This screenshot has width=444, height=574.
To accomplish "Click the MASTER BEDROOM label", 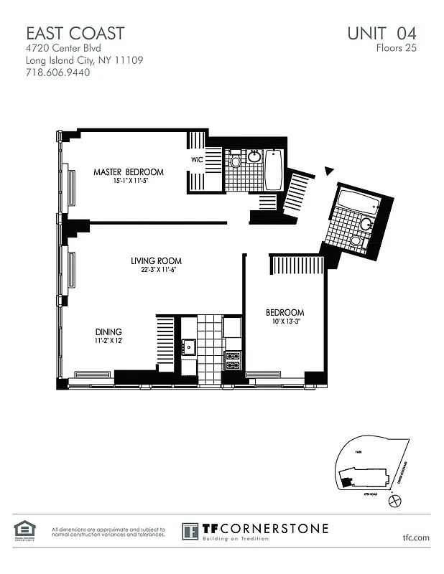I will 129,172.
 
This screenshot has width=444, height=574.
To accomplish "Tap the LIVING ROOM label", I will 156,260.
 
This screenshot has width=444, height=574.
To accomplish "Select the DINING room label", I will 108,331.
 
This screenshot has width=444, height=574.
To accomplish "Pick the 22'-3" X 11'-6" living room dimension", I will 156,270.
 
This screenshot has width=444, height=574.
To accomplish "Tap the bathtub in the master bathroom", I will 273,170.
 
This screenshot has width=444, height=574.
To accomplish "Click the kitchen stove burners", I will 233,360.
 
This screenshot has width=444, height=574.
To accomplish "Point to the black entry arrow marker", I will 329,171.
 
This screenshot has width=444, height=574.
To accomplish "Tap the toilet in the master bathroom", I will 235,161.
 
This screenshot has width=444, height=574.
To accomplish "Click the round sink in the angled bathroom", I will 366,225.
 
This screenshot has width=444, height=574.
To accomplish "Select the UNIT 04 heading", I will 381,33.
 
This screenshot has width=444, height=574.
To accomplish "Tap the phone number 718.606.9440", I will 57,72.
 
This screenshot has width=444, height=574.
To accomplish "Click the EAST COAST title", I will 75,33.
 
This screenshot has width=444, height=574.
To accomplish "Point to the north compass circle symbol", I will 393,502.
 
